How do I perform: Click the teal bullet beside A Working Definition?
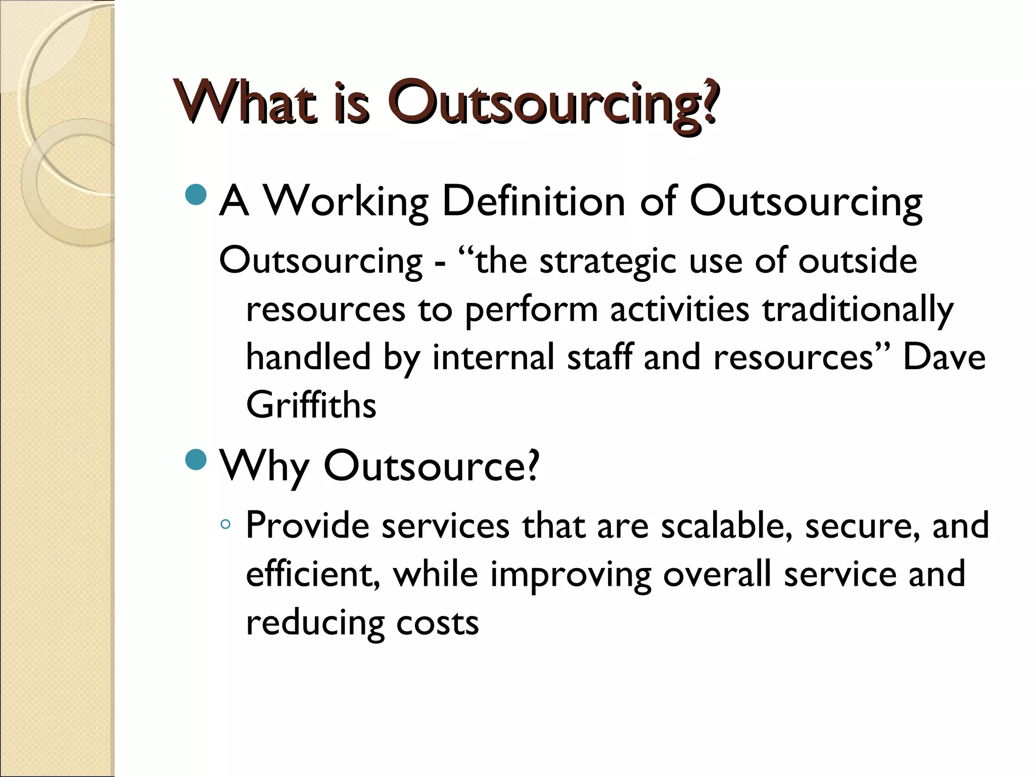pos(196,195)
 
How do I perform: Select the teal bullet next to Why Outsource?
pos(196,459)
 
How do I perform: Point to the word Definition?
pos(534,202)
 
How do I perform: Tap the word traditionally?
pos(858,310)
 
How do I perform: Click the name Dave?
pos(944,357)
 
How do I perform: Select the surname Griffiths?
pos(311,405)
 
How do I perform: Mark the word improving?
pos(571,576)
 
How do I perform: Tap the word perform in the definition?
pos(531,310)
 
